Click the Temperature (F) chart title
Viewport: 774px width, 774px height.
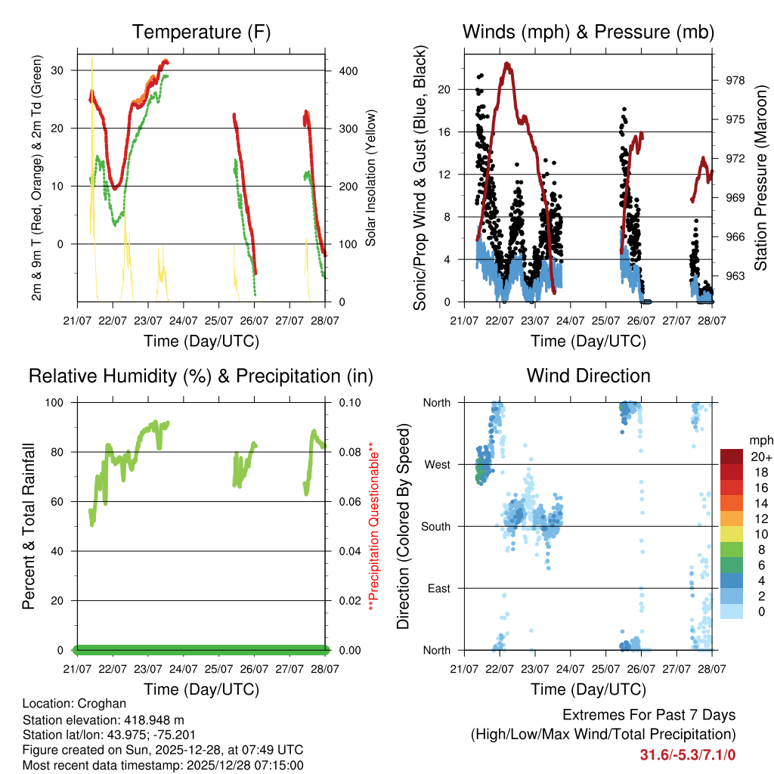(x=201, y=32)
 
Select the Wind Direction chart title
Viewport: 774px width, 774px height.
(x=588, y=375)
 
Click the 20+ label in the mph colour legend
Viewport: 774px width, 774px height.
(x=760, y=457)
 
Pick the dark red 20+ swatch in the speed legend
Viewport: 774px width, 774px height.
(x=731, y=457)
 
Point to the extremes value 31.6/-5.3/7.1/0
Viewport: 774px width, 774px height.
(x=688, y=754)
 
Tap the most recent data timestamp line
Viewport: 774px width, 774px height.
(x=163, y=765)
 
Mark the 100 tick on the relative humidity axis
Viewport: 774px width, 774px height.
(x=60, y=402)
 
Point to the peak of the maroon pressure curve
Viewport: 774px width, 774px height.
(x=507, y=63)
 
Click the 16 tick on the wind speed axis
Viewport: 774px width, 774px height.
(x=444, y=132)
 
